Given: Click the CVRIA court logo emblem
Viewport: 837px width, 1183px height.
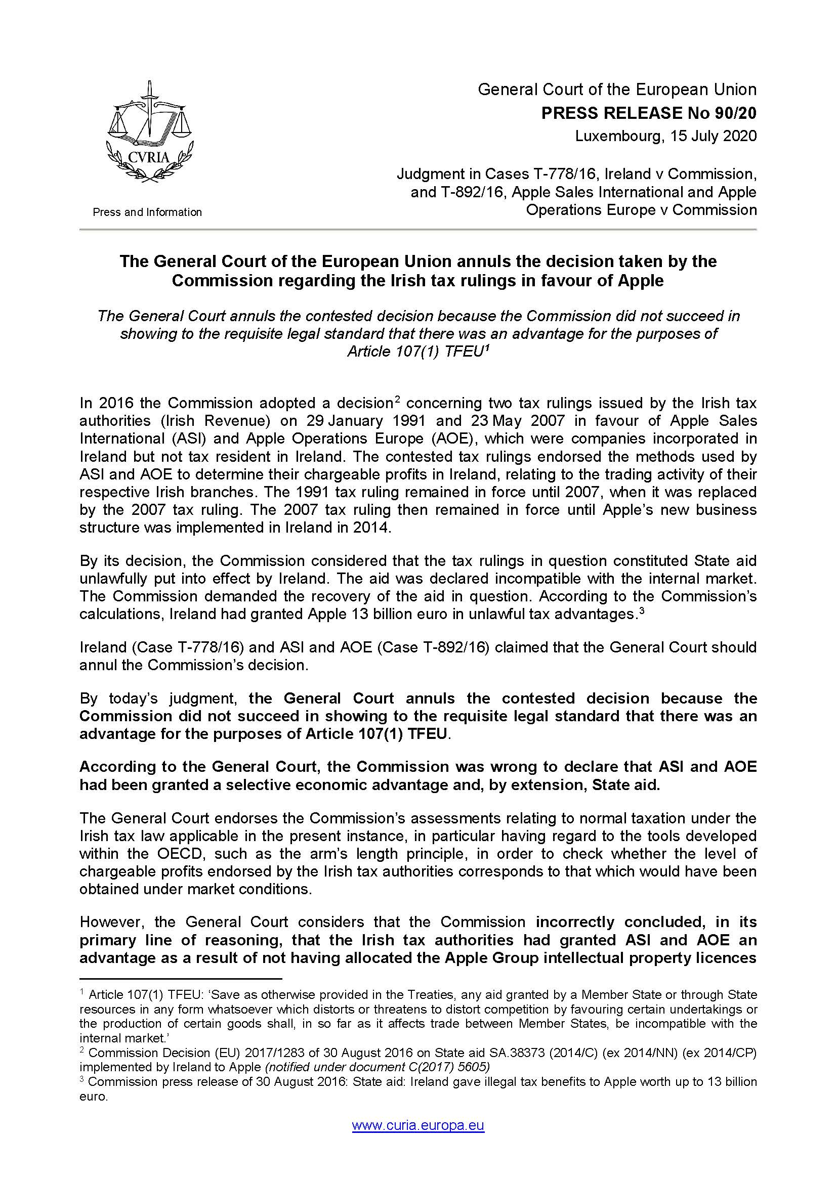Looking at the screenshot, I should (x=148, y=133).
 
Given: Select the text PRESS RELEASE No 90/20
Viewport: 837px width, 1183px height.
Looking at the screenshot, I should (x=648, y=113).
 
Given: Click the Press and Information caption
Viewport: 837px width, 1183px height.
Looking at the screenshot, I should (x=147, y=212).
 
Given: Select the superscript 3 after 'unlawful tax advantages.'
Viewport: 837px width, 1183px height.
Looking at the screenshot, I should (x=641, y=610).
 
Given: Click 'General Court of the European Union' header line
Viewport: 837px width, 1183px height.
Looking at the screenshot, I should (x=617, y=90).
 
